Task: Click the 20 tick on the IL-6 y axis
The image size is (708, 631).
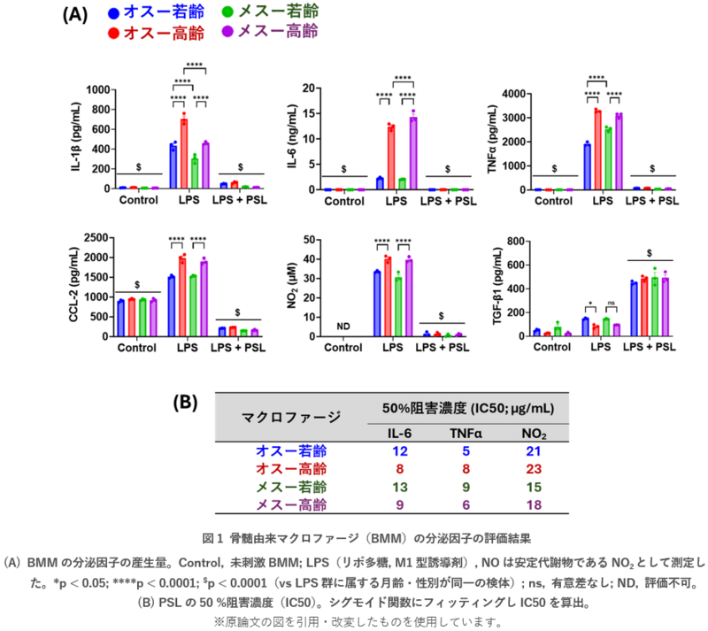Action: click(x=311, y=88)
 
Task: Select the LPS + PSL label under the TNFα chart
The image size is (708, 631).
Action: click(x=651, y=201)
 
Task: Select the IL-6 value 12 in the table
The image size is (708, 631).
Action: click(x=400, y=450)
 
